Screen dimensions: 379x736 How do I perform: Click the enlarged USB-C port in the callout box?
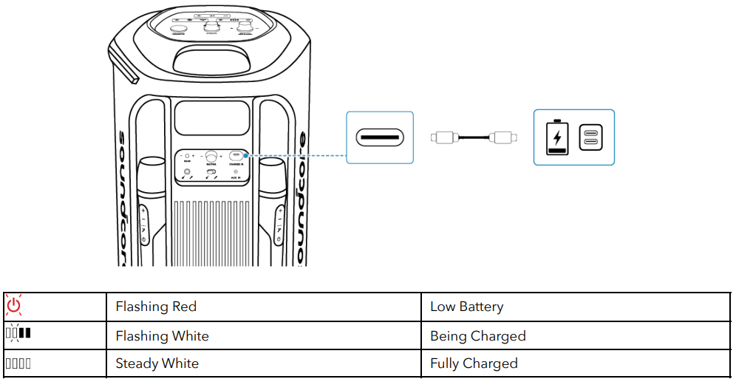click(x=380, y=137)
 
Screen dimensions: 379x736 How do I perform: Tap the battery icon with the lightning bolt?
click(x=557, y=137)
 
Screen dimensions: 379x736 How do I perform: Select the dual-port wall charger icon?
click(x=590, y=137)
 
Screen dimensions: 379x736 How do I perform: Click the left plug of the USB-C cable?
click(x=445, y=137)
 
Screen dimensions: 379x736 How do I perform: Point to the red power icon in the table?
click(x=14, y=306)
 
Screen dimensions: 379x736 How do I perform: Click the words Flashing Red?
click(x=156, y=307)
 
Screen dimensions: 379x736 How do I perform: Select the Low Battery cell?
click(x=466, y=307)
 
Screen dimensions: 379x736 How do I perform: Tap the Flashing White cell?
click(x=163, y=336)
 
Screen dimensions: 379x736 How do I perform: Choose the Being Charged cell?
click(x=477, y=336)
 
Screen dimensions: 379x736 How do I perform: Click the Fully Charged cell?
click(x=474, y=363)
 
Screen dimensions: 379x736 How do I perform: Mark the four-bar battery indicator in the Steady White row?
click(x=18, y=363)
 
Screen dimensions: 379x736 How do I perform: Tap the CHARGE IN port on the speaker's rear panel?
click(x=237, y=156)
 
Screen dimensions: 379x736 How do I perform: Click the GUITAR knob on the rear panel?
click(x=212, y=157)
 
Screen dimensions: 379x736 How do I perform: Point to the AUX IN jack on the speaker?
click(x=236, y=172)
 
